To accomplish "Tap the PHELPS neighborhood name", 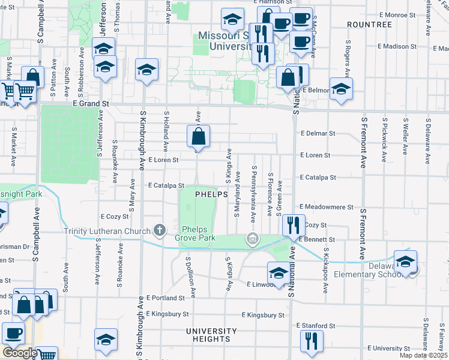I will (211, 194).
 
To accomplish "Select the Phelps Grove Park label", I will (199, 233).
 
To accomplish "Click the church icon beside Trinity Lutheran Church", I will (159, 229).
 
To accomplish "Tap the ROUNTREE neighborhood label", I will (370, 25).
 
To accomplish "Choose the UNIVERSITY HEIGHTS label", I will (211, 335).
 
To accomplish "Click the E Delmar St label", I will (318, 133).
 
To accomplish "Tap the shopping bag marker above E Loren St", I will (199, 136).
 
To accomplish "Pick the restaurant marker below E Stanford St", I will (312, 341).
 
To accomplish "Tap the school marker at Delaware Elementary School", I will (406, 262).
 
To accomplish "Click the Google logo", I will (20, 353).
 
